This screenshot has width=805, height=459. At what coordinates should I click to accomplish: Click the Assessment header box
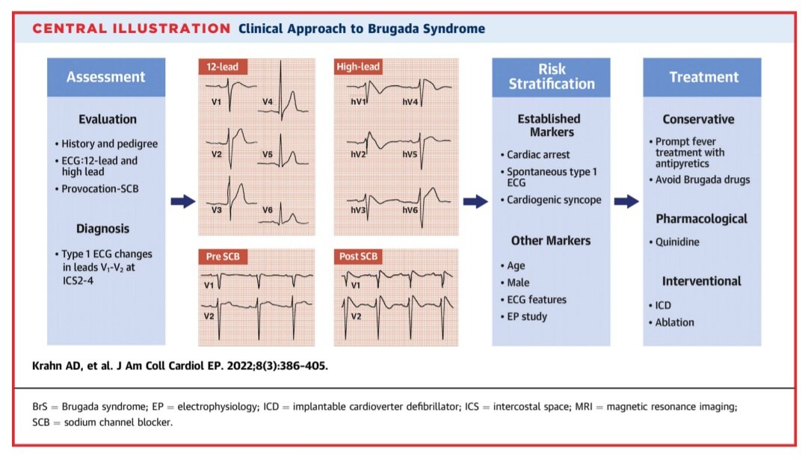tap(105, 77)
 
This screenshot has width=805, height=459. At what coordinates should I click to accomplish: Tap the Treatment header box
tap(703, 77)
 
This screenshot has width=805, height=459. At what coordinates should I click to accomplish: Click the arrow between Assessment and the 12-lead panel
tap(182, 201)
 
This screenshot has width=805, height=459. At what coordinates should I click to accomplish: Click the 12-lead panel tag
tap(222, 67)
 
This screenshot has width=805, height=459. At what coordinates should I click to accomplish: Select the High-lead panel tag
tap(359, 67)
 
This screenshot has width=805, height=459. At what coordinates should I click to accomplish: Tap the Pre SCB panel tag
tap(223, 257)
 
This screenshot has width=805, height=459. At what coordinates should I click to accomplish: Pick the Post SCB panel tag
tap(360, 257)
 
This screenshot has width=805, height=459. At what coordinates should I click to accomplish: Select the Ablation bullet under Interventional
tap(674, 322)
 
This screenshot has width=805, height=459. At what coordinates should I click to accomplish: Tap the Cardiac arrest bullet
tap(538, 155)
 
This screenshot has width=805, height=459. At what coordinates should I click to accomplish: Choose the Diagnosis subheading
tap(103, 229)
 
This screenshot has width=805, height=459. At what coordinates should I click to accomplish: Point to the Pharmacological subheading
tap(702, 219)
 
